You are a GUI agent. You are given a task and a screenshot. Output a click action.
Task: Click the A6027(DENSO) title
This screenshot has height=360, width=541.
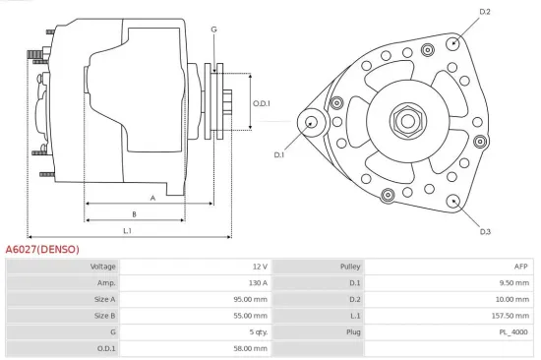(42, 249)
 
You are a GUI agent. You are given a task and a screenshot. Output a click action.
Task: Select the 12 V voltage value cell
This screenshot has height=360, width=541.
(260, 267)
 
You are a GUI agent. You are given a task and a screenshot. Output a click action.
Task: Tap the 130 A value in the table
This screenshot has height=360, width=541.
(257, 283)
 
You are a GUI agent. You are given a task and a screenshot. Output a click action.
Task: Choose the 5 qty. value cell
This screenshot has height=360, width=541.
(255, 332)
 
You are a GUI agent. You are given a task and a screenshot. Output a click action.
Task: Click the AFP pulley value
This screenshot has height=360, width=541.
(520, 267)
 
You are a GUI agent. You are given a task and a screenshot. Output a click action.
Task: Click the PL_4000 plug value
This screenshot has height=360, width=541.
(513, 332)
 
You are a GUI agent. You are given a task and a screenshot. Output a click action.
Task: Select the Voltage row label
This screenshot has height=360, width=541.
(103, 267)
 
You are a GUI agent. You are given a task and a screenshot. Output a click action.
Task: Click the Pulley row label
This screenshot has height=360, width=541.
(351, 267)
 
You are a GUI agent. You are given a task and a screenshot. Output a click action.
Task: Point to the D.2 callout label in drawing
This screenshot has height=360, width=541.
(484, 12)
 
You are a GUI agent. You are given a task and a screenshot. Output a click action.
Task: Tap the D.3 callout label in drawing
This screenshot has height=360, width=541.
(485, 232)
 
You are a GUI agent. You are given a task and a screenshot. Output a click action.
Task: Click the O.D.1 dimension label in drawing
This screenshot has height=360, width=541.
(261, 103)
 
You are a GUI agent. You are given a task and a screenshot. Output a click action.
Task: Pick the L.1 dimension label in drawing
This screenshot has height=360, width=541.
(128, 230)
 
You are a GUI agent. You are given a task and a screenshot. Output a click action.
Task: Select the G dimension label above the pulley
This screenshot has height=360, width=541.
(213, 30)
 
